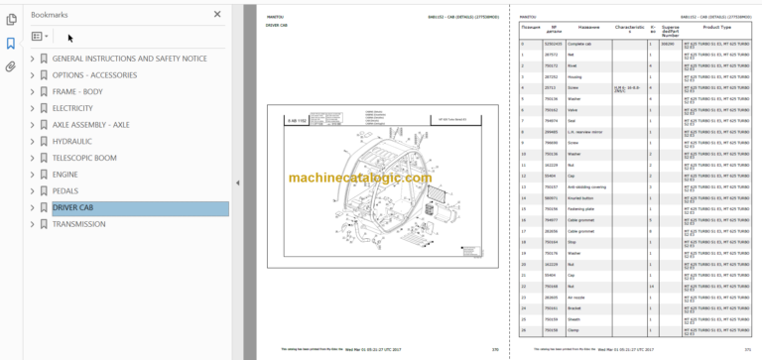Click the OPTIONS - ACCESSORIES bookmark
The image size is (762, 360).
[x=93, y=75]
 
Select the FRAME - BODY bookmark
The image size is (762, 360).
[x=77, y=92]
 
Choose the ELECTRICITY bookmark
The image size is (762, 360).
[x=72, y=108]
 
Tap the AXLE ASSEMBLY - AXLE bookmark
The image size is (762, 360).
[x=90, y=125]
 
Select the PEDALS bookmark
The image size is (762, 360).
[x=66, y=190]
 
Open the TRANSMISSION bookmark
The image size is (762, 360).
[x=79, y=224]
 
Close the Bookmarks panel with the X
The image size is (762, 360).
[x=218, y=15]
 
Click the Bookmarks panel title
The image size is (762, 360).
[x=51, y=15]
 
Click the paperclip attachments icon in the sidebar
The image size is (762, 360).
[x=11, y=66]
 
